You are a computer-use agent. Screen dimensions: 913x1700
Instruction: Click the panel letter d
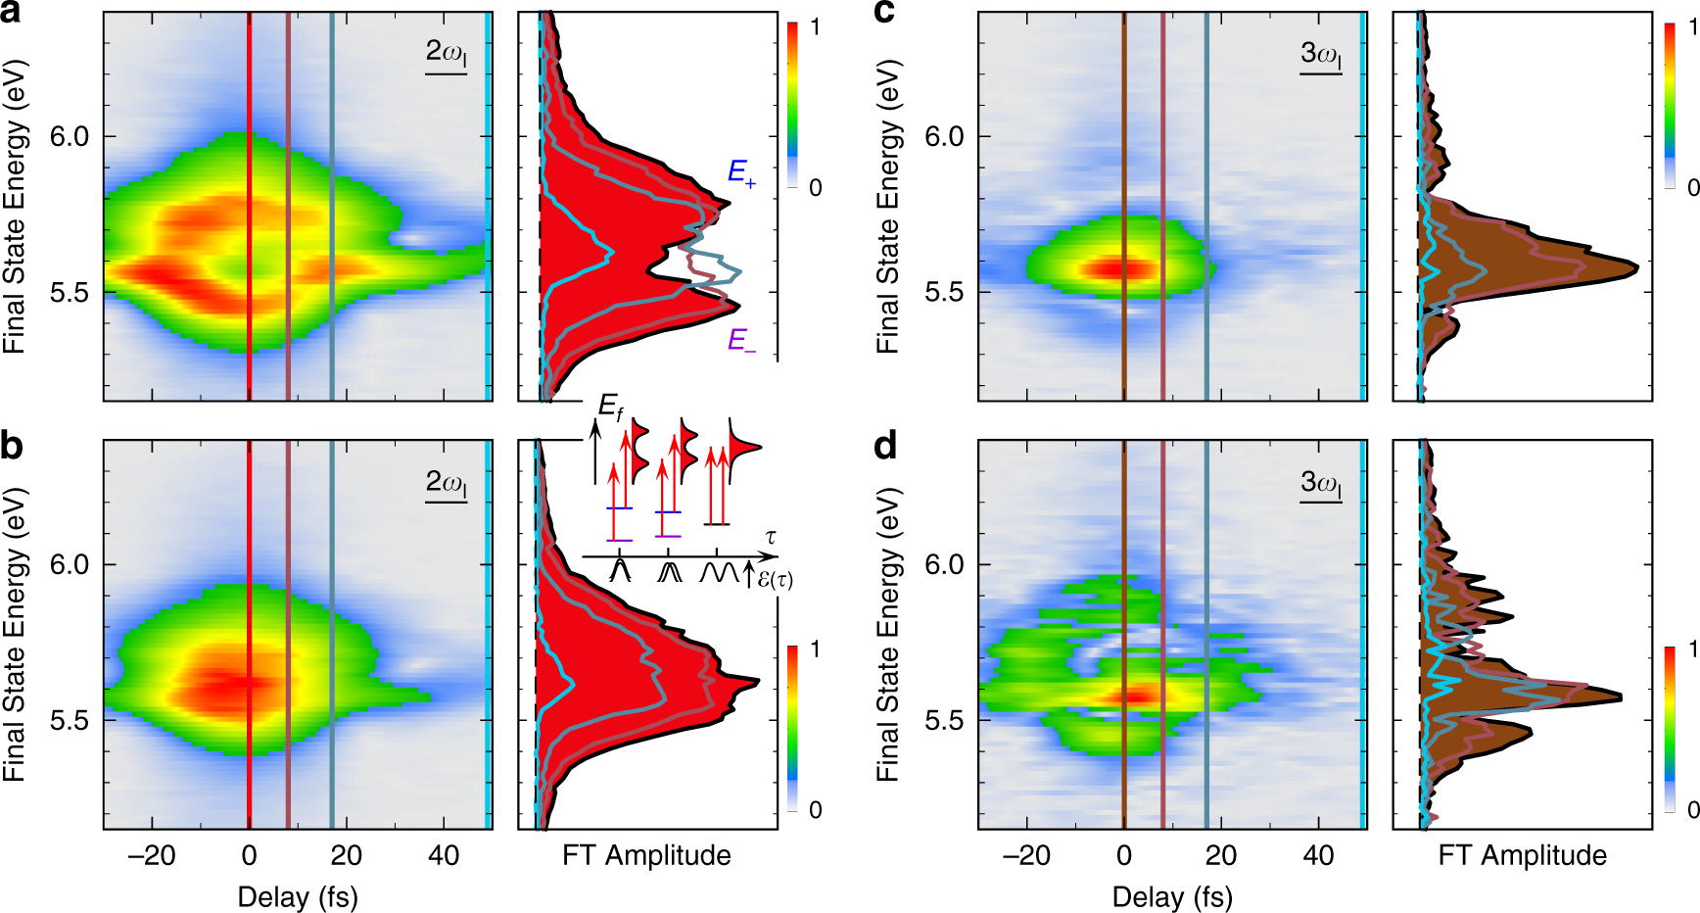pyautogui.click(x=884, y=447)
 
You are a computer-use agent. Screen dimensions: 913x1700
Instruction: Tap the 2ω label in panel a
pyautogui.click(x=446, y=53)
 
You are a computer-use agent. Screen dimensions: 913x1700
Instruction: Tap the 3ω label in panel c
pyautogui.click(x=1320, y=53)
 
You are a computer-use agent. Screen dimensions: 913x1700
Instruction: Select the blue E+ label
pyautogui.click(x=741, y=173)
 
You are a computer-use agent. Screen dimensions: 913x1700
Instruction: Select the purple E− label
pyautogui.click(x=741, y=341)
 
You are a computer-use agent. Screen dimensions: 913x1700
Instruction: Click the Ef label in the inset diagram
pyautogui.click(x=610, y=407)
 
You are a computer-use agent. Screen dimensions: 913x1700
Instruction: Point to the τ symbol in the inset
pyautogui.click(x=771, y=537)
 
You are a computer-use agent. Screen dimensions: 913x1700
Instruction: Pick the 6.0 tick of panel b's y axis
pyautogui.click(x=70, y=565)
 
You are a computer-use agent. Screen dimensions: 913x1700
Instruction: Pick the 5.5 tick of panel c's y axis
pyautogui.click(x=944, y=293)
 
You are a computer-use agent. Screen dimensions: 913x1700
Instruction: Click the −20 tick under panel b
pyautogui.click(x=152, y=855)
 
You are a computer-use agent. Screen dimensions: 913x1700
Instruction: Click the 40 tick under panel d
pyautogui.click(x=1318, y=855)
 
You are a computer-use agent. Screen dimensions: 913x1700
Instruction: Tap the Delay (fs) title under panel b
pyautogui.click(x=298, y=896)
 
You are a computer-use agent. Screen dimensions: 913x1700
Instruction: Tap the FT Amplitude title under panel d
pyautogui.click(x=1522, y=855)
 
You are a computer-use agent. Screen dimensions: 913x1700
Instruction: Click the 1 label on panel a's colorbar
pyautogui.click(x=815, y=27)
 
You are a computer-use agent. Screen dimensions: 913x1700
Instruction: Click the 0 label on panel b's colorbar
pyautogui.click(x=815, y=810)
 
